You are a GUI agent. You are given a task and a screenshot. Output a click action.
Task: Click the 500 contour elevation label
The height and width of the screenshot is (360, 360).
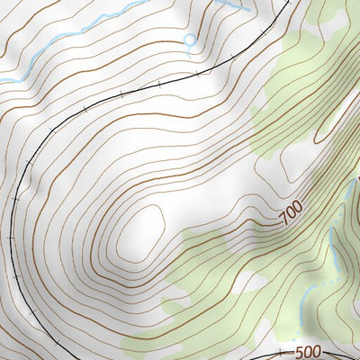(x=307, y=353)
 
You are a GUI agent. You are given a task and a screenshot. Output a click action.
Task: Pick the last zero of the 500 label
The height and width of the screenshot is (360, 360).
(x=316, y=353)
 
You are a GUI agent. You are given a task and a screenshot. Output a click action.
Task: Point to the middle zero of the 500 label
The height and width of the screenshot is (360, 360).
(x=307, y=353)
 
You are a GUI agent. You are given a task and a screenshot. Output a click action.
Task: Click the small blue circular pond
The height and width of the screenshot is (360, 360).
(x=189, y=40)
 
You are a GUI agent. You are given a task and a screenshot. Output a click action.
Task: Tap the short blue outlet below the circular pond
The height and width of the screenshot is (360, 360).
(x=190, y=49)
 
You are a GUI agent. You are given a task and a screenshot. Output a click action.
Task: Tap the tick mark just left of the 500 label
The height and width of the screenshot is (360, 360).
(x=280, y=352)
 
